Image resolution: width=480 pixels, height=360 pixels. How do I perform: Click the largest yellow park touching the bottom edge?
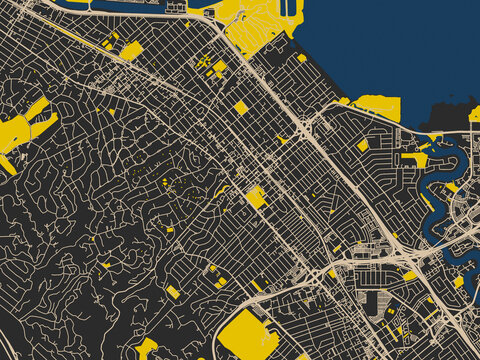coord(247,335)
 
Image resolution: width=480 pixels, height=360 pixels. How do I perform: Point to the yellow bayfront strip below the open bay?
coord(378,106)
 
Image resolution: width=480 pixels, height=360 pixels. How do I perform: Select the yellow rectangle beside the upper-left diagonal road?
coord(131,51)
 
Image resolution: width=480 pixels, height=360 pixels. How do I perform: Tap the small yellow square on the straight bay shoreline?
coord(302,58)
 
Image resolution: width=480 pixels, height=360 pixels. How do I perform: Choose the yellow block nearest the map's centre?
coord(256,196)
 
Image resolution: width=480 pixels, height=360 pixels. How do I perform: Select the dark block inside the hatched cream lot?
coord(373,302)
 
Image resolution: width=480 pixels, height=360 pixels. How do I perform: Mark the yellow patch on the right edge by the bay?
coord(475,114)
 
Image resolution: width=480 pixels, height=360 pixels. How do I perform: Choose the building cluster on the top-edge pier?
coord(177,7)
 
